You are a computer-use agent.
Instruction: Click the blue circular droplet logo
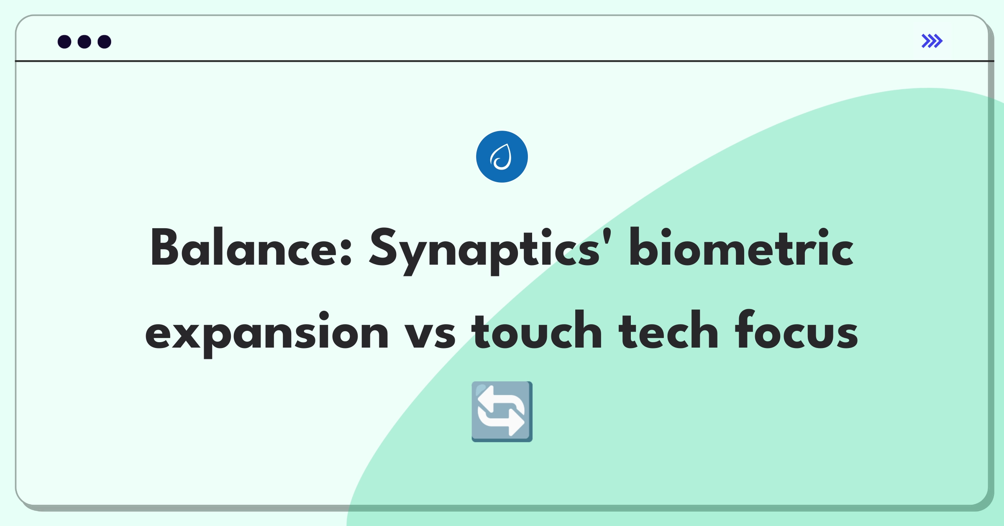click(x=502, y=157)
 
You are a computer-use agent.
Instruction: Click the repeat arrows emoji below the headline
click(x=502, y=412)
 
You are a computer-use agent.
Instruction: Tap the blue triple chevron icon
click(x=932, y=41)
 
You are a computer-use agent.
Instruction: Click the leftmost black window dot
click(x=64, y=42)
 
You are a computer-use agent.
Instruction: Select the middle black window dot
click(x=85, y=42)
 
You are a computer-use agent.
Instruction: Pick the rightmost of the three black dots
click(x=105, y=42)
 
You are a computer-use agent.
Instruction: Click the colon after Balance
click(x=346, y=253)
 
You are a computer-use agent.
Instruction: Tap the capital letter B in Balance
click(x=166, y=247)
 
